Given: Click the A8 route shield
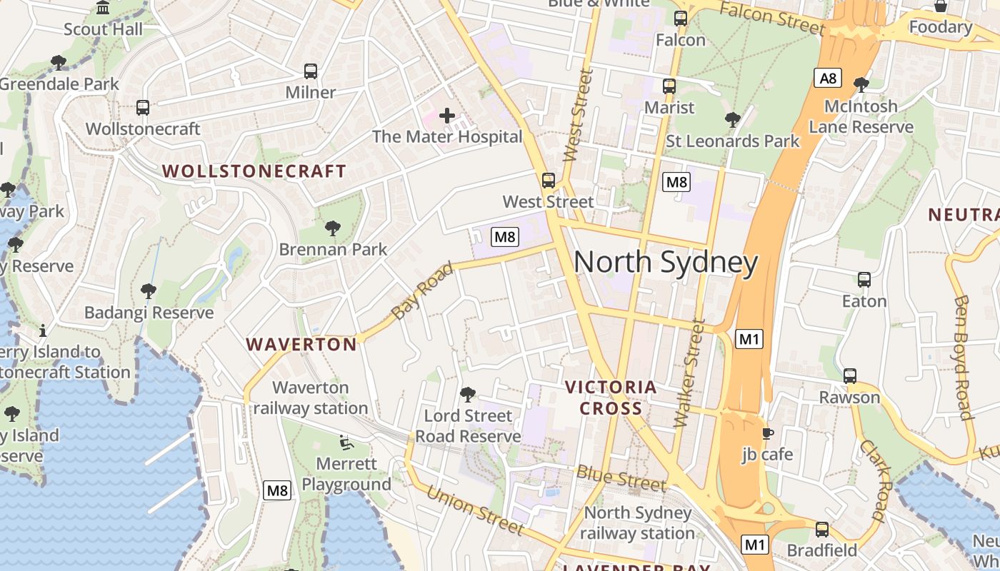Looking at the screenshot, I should (x=828, y=78).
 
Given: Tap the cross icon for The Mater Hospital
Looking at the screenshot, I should (x=447, y=116).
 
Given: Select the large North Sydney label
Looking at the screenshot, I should (x=665, y=263).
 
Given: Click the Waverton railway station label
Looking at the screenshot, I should (x=311, y=398).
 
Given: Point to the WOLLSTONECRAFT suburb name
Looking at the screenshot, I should (x=254, y=171).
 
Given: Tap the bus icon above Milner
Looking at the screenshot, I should (x=311, y=71).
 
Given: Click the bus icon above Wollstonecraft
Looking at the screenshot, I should (x=143, y=108).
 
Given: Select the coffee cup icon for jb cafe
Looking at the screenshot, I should (x=768, y=433).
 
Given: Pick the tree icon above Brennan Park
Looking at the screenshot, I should (x=332, y=228).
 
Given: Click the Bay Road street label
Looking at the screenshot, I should (x=422, y=291).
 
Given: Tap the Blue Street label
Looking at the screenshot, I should (x=621, y=477).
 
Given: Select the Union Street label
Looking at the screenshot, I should (x=474, y=510).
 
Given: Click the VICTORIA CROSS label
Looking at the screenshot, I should (x=610, y=398).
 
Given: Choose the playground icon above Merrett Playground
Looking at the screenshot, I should (x=346, y=443).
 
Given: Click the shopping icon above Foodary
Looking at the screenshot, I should (x=941, y=6).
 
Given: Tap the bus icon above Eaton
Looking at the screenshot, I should (x=864, y=280).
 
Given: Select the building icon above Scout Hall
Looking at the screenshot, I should (x=103, y=8).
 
